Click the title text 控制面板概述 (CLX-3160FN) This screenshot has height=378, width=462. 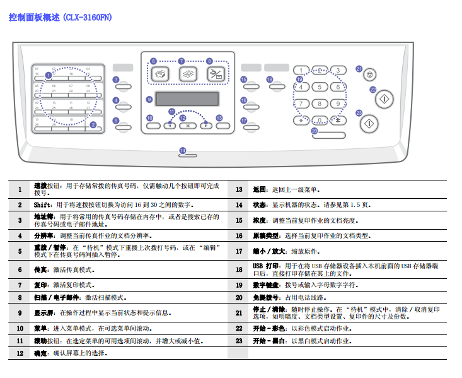coord(61,18)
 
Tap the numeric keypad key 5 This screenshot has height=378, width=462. coord(320,87)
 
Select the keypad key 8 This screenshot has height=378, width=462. coord(320,103)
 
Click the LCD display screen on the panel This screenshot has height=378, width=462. coord(187,100)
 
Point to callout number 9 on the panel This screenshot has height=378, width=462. coord(149,99)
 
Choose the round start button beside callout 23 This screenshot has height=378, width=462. coord(370,122)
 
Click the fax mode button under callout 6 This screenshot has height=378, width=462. coord(160,73)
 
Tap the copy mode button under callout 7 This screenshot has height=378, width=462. coord(188,73)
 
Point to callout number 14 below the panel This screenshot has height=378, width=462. coord(183,150)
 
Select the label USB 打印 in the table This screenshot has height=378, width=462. coord(266,266)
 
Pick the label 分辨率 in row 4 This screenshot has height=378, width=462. coord(43,235)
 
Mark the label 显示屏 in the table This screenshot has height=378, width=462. coord(43,312)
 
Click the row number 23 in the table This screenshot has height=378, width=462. coord(239,341)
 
